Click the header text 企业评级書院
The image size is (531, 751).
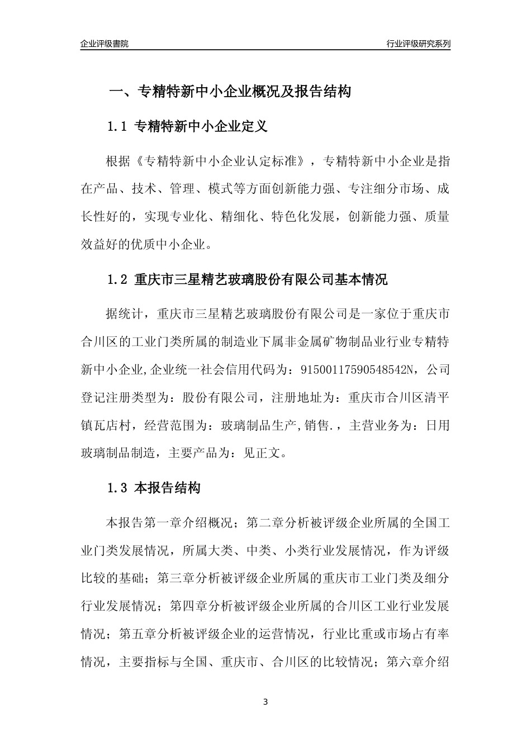click(105, 44)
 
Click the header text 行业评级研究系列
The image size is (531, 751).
click(418, 44)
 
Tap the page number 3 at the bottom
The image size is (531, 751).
click(265, 702)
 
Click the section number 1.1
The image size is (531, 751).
click(117, 126)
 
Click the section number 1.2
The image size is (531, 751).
click(117, 279)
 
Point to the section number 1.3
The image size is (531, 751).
click(117, 488)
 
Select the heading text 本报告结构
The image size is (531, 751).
click(167, 488)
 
